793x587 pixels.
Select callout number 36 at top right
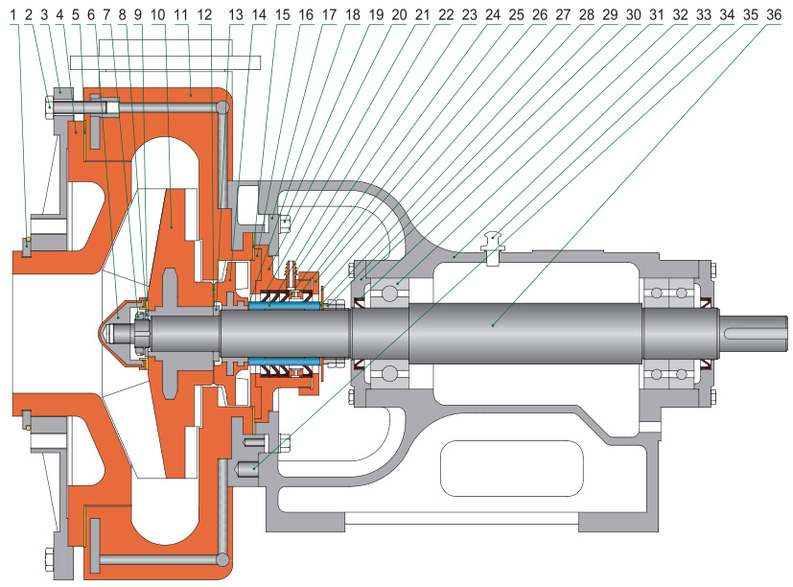pos(774,14)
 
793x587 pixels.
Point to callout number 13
pos(237,14)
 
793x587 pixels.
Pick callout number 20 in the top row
pos(399,14)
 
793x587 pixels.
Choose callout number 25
pos(516,14)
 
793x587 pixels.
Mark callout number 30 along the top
pos(633,14)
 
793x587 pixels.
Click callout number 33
pos(703,14)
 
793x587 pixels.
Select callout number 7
pos(105,14)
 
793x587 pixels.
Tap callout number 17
pos(329,14)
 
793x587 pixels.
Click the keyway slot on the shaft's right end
pos(758,331)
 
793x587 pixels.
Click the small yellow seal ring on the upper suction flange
pos(29,240)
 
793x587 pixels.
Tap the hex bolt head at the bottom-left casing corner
pos(49,558)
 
